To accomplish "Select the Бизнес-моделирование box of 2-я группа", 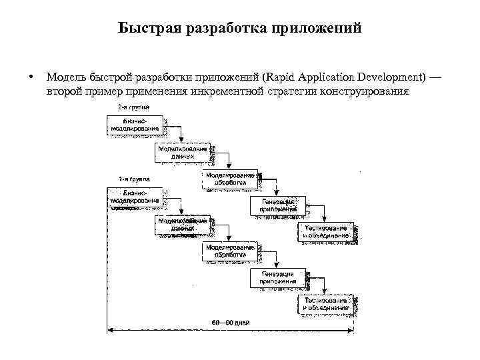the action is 135,125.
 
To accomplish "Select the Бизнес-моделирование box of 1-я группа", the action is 135,197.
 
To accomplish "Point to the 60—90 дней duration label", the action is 230,323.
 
